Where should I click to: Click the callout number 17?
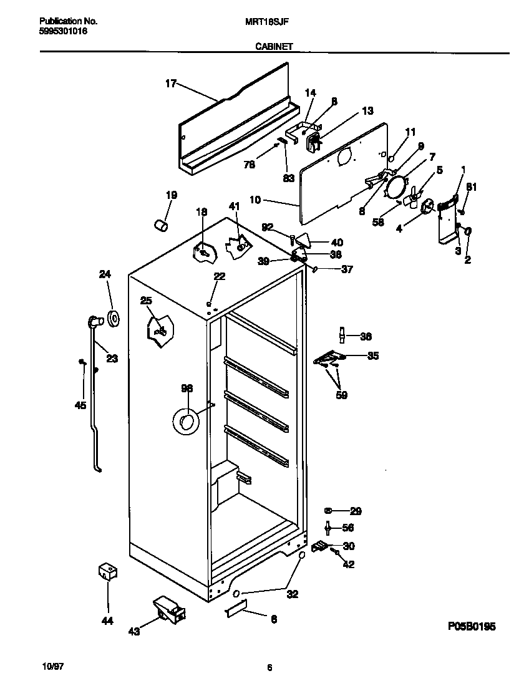(x=170, y=83)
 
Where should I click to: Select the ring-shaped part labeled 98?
(x=185, y=423)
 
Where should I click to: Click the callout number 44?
(x=107, y=621)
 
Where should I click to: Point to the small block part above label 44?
(x=108, y=572)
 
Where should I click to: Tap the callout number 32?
(x=292, y=594)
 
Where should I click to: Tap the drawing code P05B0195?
(x=471, y=626)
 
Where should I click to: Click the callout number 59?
(x=341, y=395)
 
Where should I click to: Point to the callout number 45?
(x=80, y=406)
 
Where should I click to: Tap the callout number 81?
(x=472, y=186)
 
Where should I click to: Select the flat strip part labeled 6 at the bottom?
(x=236, y=609)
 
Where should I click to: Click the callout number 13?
(x=367, y=111)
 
